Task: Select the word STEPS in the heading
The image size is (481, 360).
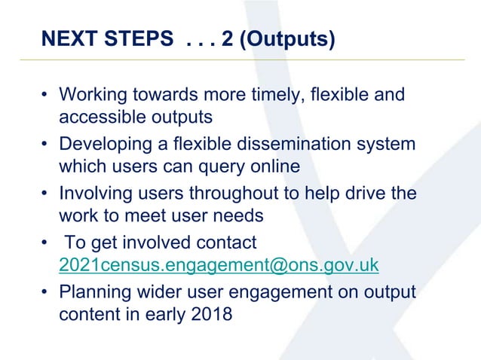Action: [140, 38]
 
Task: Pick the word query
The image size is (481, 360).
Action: [221, 166]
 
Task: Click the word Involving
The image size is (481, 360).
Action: [92, 192]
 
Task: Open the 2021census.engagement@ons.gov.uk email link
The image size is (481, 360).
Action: [219, 265]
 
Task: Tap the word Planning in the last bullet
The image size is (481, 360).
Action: [93, 291]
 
